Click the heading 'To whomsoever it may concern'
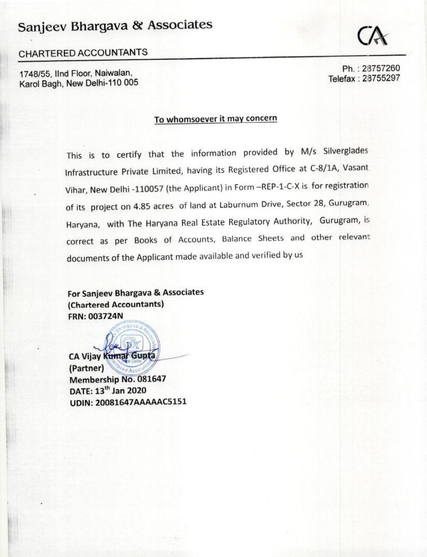tap(216, 119)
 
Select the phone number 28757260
tap(381, 69)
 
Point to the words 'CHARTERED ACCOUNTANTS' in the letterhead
tap(84, 53)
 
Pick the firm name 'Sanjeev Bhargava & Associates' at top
tap(115, 26)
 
